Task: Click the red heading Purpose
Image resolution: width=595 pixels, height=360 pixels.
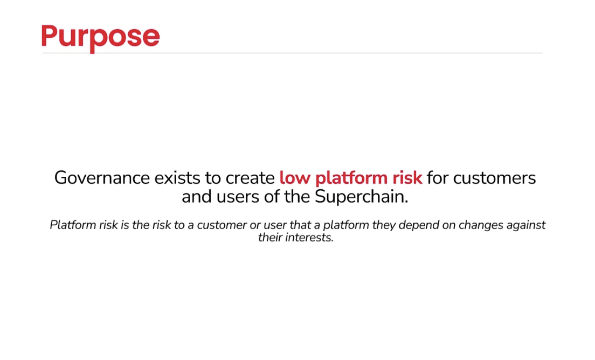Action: (x=101, y=37)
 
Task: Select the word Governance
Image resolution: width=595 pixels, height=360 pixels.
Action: (x=102, y=177)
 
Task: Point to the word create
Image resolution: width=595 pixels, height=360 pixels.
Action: (x=250, y=177)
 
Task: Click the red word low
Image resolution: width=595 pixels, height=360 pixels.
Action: (x=295, y=177)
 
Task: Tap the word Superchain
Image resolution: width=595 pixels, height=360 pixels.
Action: (x=361, y=197)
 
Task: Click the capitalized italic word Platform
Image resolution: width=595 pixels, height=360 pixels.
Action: (x=73, y=225)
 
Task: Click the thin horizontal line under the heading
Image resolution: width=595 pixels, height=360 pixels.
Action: (x=293, y=53)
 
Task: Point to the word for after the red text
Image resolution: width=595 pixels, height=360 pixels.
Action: (x=438, y=177)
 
